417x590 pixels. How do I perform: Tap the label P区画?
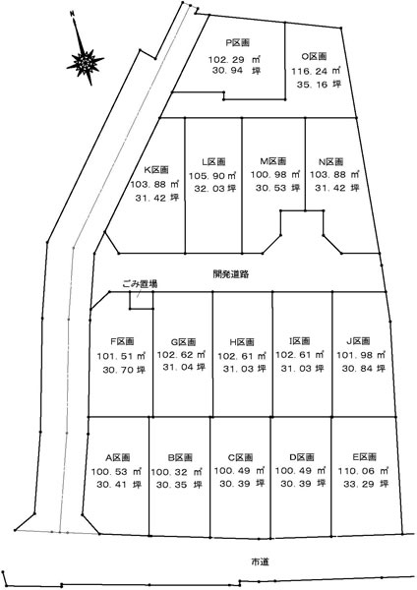pos(237,43)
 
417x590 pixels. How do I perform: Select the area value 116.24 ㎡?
pos(316,71)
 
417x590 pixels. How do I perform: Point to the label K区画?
pos(156,170)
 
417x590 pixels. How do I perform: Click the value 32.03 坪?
pos(215,188)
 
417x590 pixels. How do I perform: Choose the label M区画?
pos(272,161)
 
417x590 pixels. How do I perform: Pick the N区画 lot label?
pos(330,162)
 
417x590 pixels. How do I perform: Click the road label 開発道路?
pos(231,274)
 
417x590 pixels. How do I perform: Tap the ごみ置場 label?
pos(140,284)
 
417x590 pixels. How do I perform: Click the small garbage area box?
pos(142,300)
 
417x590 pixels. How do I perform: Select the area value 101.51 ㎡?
pos(122,356)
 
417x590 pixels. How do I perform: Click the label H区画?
pos(242,342)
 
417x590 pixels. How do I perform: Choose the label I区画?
pos(300,341)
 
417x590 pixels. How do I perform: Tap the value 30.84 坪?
pos(364,368)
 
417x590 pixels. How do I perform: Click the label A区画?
pos(118,457)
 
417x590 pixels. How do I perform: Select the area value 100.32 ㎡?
pos(176,472)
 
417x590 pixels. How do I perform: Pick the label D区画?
pos(302,457)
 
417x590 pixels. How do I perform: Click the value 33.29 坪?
pos(366,484)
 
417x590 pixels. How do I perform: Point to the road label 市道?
pos(260,562)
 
